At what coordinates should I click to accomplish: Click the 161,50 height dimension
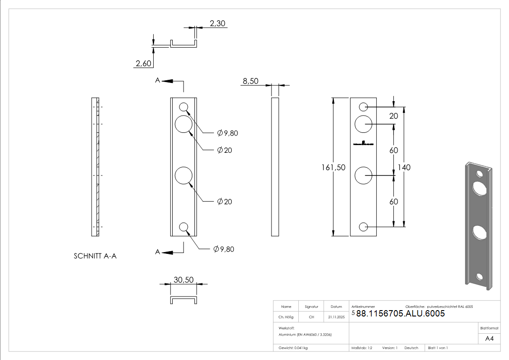point(333,167)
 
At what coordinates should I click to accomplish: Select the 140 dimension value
point(404,167)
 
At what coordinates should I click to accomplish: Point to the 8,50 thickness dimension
point(250,81)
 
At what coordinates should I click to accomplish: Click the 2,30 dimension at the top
point(218,23)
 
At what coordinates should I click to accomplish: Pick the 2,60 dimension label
point(143,63)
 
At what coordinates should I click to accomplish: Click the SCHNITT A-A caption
point(95,256)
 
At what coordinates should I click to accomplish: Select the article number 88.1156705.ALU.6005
point(400,313)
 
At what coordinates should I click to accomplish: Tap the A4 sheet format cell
point(489,338)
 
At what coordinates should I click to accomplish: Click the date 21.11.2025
point(336,317)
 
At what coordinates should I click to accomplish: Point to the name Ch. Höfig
point(286,317)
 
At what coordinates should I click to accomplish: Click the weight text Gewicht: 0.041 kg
point(293,348)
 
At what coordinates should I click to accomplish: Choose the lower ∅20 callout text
point(224,201)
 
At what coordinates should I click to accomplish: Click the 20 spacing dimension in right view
point(393,116)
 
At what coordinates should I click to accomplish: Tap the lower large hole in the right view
point(363,175)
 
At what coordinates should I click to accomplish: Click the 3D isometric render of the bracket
point(478,224)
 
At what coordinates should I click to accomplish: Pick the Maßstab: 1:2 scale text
point(362,348)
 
